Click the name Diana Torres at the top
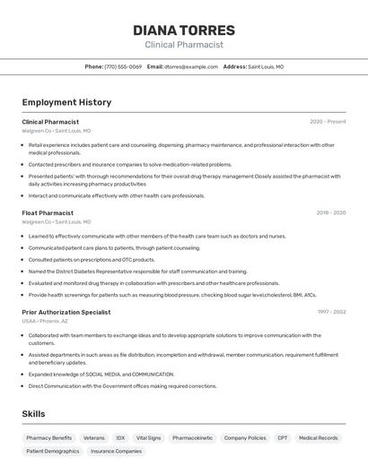point(184,30)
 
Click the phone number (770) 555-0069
point(123,66)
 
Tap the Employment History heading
point(66,102)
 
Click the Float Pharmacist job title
point(48,213)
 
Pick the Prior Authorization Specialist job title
point(66,312)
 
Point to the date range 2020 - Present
point(328,122)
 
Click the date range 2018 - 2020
point(330,213)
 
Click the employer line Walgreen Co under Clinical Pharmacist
point(56,131)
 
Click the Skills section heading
point(33,413)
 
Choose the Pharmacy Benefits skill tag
point(49,438)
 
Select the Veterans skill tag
point(94,438)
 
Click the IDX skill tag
point(120,438)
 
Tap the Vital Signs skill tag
point(148,438)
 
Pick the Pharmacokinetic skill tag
point(193,438)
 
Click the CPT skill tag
point(283,438)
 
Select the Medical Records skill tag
point(319,438)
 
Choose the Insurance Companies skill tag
point(116,452)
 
